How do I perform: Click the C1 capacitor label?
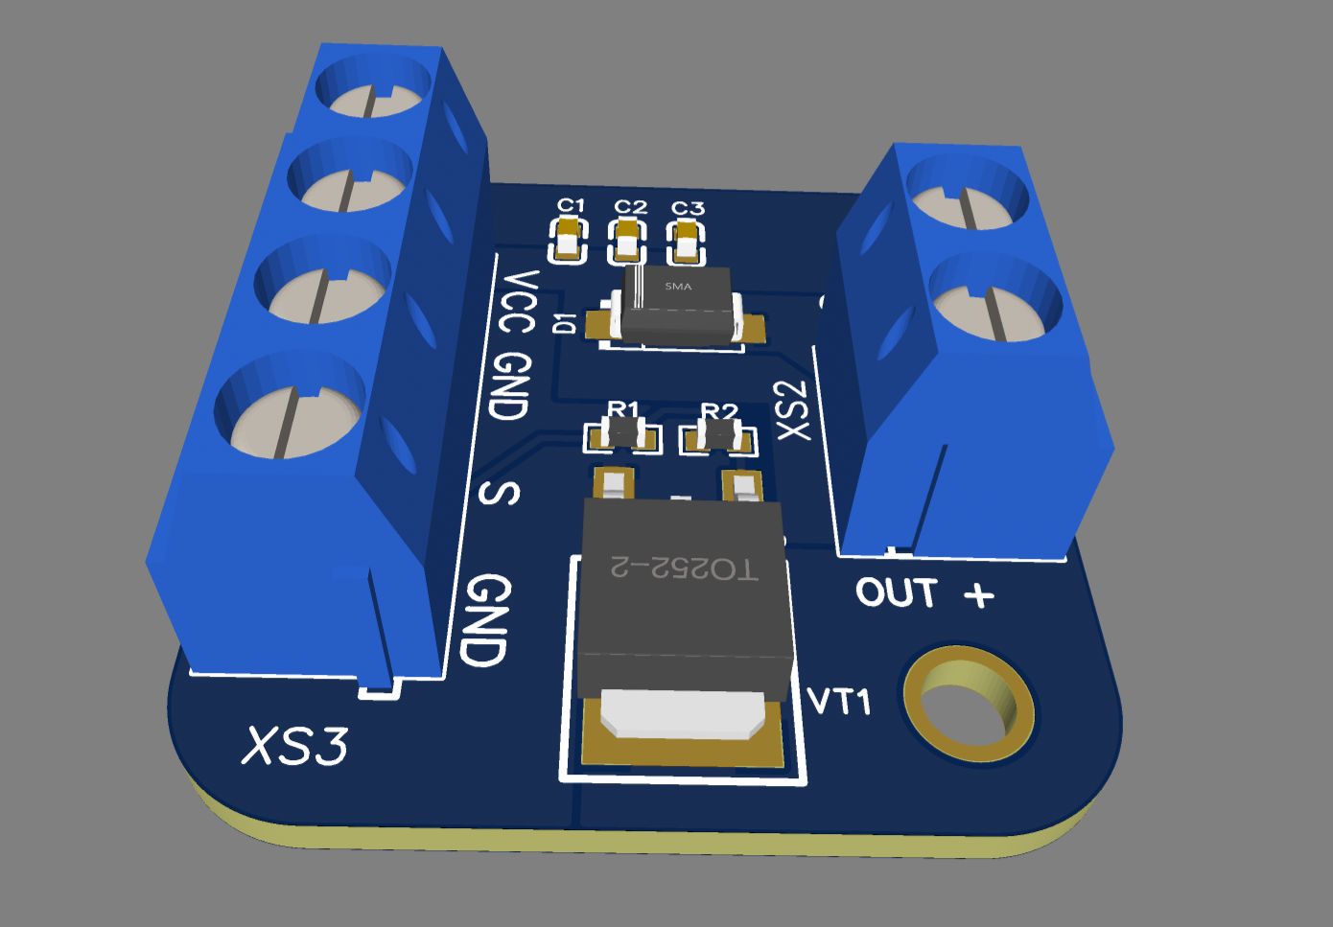coord(571,205)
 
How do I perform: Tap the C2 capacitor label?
coord(630,206)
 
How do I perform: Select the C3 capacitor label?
coord(688,208)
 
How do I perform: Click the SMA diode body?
coord(679,304)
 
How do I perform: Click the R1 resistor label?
coord(623,409)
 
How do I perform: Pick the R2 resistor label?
coord(718,411)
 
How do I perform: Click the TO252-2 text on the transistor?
coord(684,568)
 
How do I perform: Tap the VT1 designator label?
coord(840,701)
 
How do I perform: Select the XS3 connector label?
coord(294,746)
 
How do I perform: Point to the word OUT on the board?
coord(896,592)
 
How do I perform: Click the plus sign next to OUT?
coord(978,595)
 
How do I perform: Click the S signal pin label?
coord(500,493)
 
